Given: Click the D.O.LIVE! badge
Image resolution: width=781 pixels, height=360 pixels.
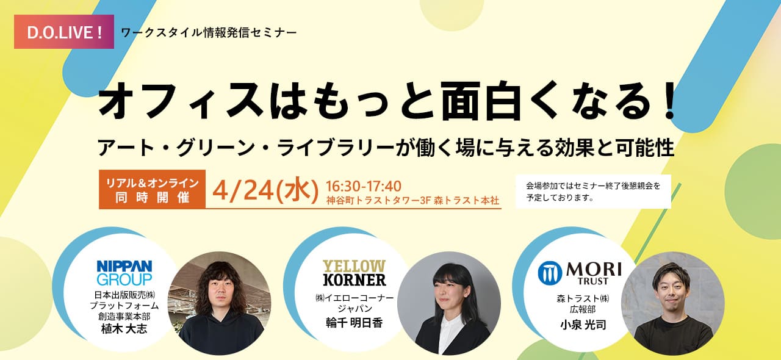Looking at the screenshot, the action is click(x=64, y=32).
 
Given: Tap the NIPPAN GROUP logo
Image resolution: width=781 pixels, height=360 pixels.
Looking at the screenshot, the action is click(x=124, y=273).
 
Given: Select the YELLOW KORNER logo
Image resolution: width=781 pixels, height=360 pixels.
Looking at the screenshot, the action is click(x=354, y=273).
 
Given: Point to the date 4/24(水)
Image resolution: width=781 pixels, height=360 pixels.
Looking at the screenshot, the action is click(x=265, y=191).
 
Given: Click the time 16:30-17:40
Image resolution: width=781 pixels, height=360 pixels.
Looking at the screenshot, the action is click(x=363, y=186).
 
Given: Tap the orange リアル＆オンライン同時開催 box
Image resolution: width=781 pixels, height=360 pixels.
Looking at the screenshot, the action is click(x=152, y=189).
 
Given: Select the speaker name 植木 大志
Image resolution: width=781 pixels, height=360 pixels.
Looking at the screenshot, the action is click(x=124, y=329).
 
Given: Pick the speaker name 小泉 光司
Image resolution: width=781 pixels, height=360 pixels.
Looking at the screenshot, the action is click(x=583, y=325).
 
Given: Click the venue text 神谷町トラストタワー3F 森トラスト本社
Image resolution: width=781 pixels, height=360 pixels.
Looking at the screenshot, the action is click(x=413, y=201).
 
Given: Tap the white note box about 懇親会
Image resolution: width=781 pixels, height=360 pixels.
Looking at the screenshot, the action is click(x=593, y=192).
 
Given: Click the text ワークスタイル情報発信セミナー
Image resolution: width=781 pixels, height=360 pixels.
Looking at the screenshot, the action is click(x=209, y=33).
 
